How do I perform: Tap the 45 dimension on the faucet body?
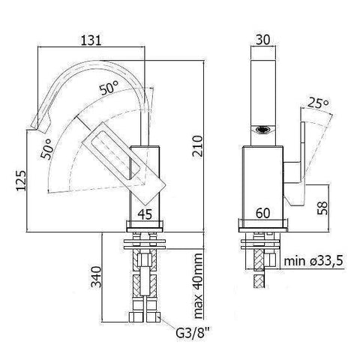(x=146, y=214)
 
